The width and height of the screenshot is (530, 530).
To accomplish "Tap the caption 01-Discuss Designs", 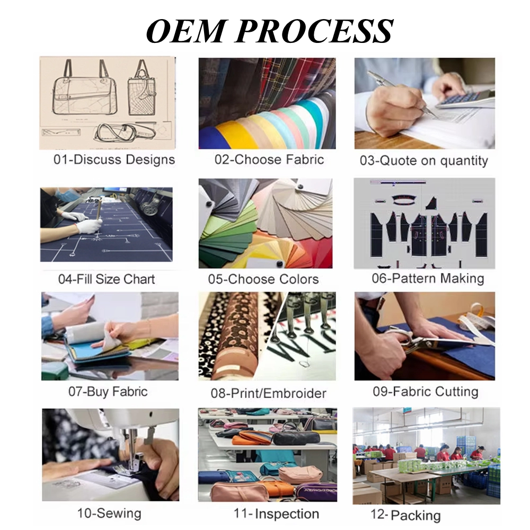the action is click(114, 160).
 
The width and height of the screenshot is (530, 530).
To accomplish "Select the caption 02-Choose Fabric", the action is click(269, 160).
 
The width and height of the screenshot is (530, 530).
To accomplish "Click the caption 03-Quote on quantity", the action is click(424, 161).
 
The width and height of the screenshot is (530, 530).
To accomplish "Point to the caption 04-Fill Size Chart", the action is click(107, 279).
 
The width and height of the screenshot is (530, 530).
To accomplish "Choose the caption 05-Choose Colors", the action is click(263, 279).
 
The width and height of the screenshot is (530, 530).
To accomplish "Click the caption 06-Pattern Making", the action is click(428, 278).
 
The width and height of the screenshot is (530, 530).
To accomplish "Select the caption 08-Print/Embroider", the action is click(269, 394).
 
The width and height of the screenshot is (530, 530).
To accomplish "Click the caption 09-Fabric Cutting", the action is click(426, 392).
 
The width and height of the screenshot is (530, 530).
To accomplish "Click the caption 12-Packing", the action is click(405, 515).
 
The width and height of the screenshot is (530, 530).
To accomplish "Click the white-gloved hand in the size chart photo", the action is click(87, 226).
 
